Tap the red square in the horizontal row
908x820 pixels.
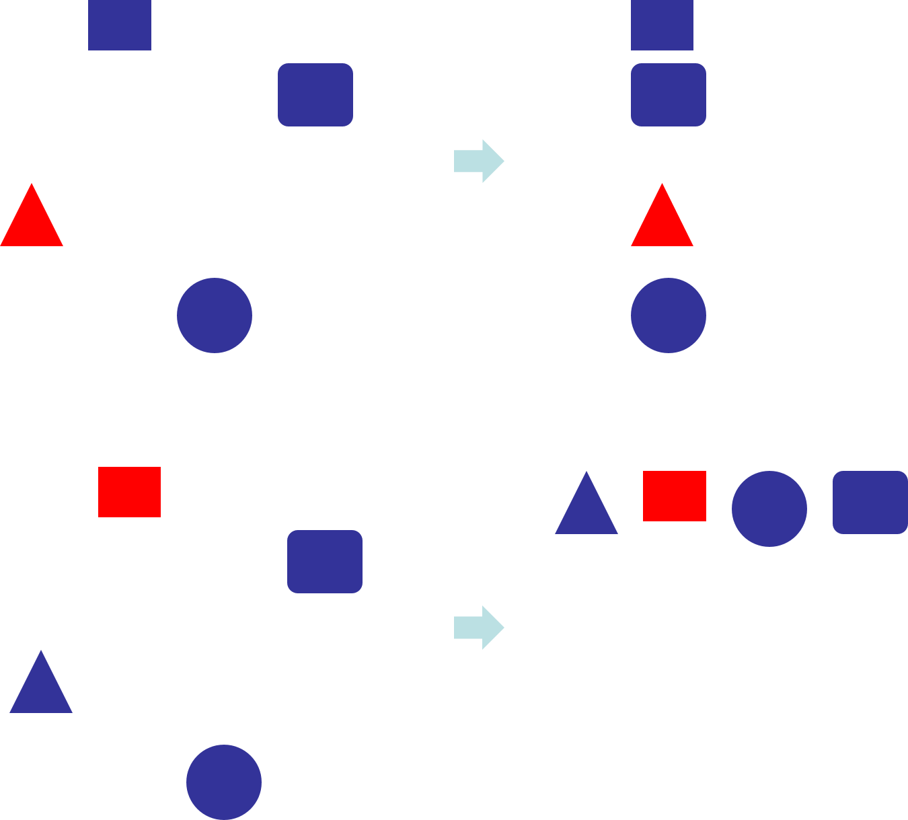point(674,496)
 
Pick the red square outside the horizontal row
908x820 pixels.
point(129,492)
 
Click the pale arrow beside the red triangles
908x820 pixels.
point(478,161)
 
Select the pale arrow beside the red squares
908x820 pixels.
point(478,628)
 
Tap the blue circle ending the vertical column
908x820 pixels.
point(668,315)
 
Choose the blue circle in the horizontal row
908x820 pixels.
point(769,509)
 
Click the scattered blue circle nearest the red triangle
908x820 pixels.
point(214,315)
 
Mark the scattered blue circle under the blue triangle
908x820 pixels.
point(223,782)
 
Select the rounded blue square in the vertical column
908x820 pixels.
point(668,95)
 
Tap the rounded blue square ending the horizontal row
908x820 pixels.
point(870,502)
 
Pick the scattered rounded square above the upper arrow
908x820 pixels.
point(315,95)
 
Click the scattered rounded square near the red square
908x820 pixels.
point(324,561)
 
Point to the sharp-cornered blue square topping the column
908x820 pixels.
point(662,25)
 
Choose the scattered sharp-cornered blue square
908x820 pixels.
point(120,25)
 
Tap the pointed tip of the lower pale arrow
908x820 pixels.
point(503,628)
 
